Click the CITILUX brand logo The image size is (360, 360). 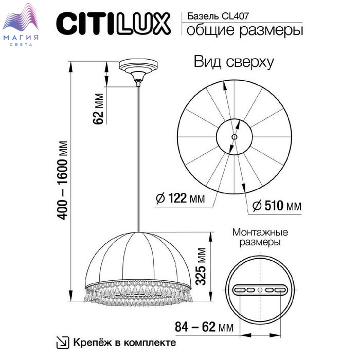point(114,24)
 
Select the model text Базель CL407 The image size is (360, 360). point(218,16)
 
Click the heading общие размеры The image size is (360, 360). point(245,30)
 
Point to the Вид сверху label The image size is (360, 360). point(233,62)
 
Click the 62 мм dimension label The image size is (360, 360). point(99,109)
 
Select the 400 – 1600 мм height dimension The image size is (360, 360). point(62,181)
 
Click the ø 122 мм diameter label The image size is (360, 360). point(180,197)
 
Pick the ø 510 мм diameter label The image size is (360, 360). point(277,206)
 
